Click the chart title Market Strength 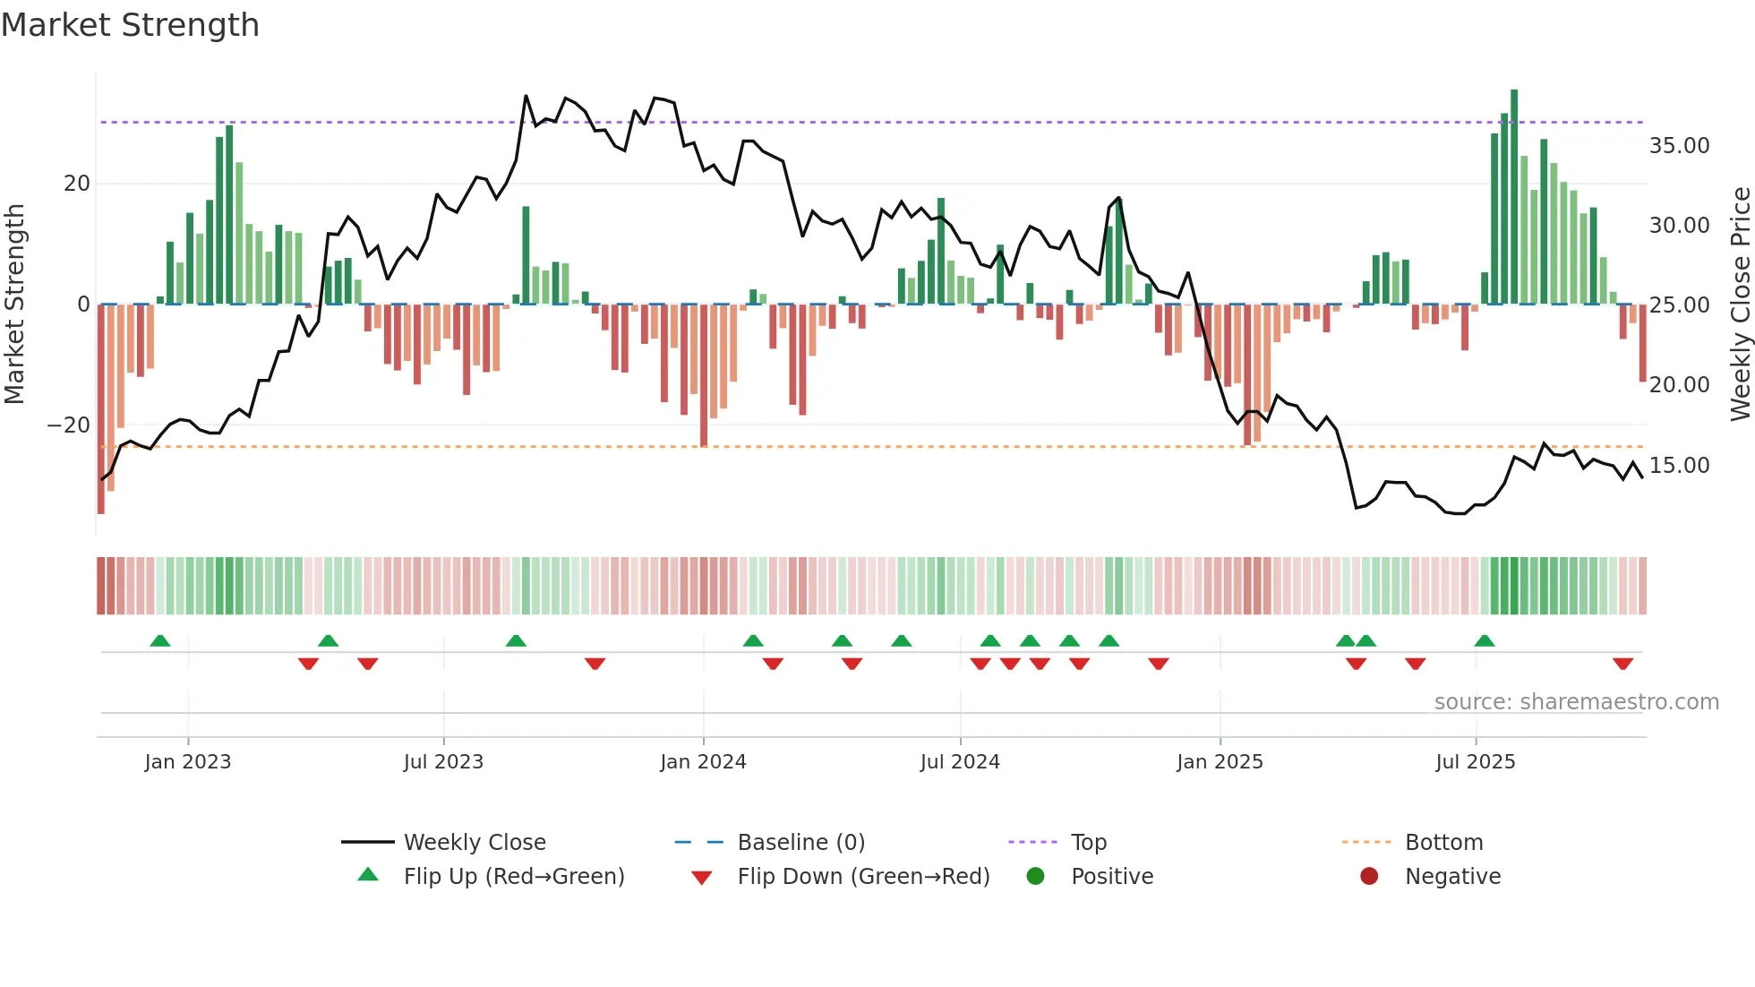point(130,25)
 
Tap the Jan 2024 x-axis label point(703,762)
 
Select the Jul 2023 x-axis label point(443,762)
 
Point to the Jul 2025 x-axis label point(1475,762)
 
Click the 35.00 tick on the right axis point(1679,146)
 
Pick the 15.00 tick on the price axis point(1679,466)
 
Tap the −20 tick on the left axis point(69,425)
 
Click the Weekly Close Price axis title point(1740,305)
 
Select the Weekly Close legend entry point(475,843)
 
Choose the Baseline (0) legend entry point(800,843)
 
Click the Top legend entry point(1088,843)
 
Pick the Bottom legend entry point(1443,843)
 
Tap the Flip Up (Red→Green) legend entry point(514,877)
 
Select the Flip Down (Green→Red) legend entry point(863,877)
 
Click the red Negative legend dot point(1369,877)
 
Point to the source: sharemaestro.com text point(1576,702)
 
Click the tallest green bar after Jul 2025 point(1514,197)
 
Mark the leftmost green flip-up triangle point(160,641)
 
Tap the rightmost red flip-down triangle point(1622,664)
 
